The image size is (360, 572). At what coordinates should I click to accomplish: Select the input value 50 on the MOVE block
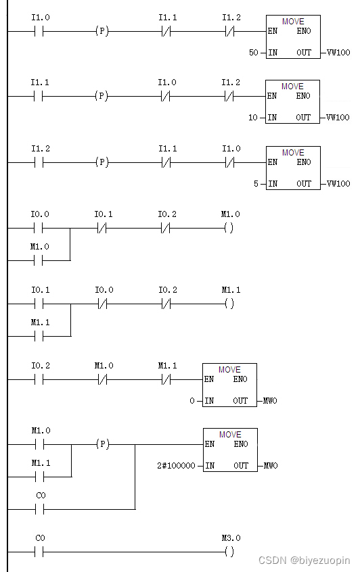coord(254,52)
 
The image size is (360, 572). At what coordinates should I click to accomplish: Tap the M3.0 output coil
coord(229,551)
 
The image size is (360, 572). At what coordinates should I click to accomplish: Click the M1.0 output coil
coord(229,228)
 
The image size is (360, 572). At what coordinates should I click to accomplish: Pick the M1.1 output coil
coord(229,304)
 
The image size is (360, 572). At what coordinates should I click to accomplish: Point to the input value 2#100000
coord(176,466)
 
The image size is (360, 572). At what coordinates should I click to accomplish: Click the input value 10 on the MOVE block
coord(253,118)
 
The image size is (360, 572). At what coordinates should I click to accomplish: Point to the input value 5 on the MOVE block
coord(256,184)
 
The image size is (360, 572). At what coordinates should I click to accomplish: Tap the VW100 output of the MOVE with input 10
coord(338,118)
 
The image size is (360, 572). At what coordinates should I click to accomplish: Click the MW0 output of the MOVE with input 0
coord(270,401)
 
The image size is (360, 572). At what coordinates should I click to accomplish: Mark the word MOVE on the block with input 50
coord(293,22)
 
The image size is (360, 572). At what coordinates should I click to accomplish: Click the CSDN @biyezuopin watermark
coord(304,561)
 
